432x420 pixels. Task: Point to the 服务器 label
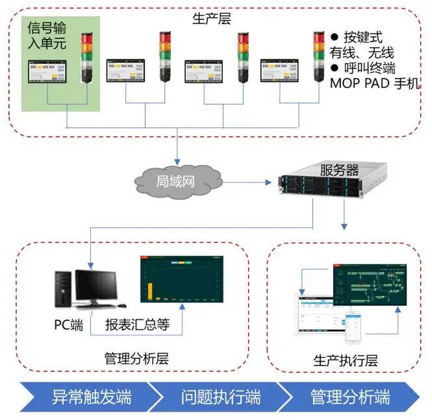339,171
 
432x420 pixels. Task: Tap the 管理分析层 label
136,358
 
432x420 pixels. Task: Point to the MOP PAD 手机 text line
376,84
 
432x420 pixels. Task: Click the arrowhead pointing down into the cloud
177,162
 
